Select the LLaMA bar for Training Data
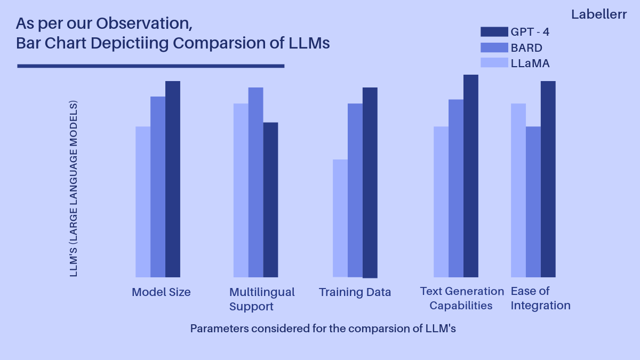coord(340,218)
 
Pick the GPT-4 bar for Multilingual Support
coord(270,200)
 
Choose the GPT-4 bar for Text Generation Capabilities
coord(471,176)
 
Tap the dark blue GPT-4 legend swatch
coord(494,31)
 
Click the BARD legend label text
coord(526,47)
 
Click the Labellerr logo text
coord(598,14)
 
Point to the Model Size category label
coord(161,292)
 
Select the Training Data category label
coord(355,292)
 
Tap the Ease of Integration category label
coord(540,298)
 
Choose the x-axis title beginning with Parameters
coord(323,329)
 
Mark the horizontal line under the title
coord(150,66)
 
